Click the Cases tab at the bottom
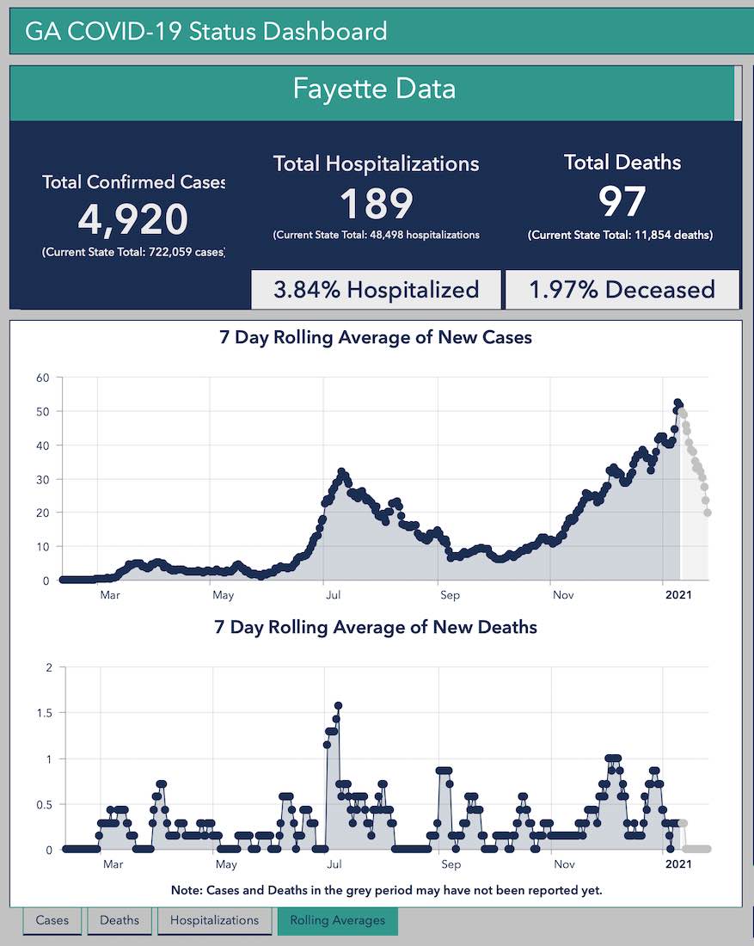pyautogui.click(x=52, y=920)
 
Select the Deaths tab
pyautogui.click(x=120, y=920)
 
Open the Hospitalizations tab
pyautogui.click(x=214, y=920)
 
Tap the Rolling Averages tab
pyautogui.click(x=337, y=920)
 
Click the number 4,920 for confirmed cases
pyautogui.click(x=133, y=219)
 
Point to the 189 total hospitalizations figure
pyautogui.click(x=377, y=203)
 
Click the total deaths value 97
pyautogui.click(x=622, y=201)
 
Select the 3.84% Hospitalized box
pyautogui.click(x=376, y=290)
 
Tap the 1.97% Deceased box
pyautogui.click(x=622, y=290)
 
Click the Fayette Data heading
pyautogui.click(x=374, y=89)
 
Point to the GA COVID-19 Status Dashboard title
pyautogui.click(x=206, y=32)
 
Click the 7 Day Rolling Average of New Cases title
pyautogui.click(x=376, y=337)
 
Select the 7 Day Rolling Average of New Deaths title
pyautogui.click(x=376, y=627)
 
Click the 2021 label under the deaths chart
pyautogui.click(x=679, y=864)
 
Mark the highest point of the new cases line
pyautogui.click(x=677, y=402)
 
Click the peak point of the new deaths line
pyautogui.click(x=339, y=706)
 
